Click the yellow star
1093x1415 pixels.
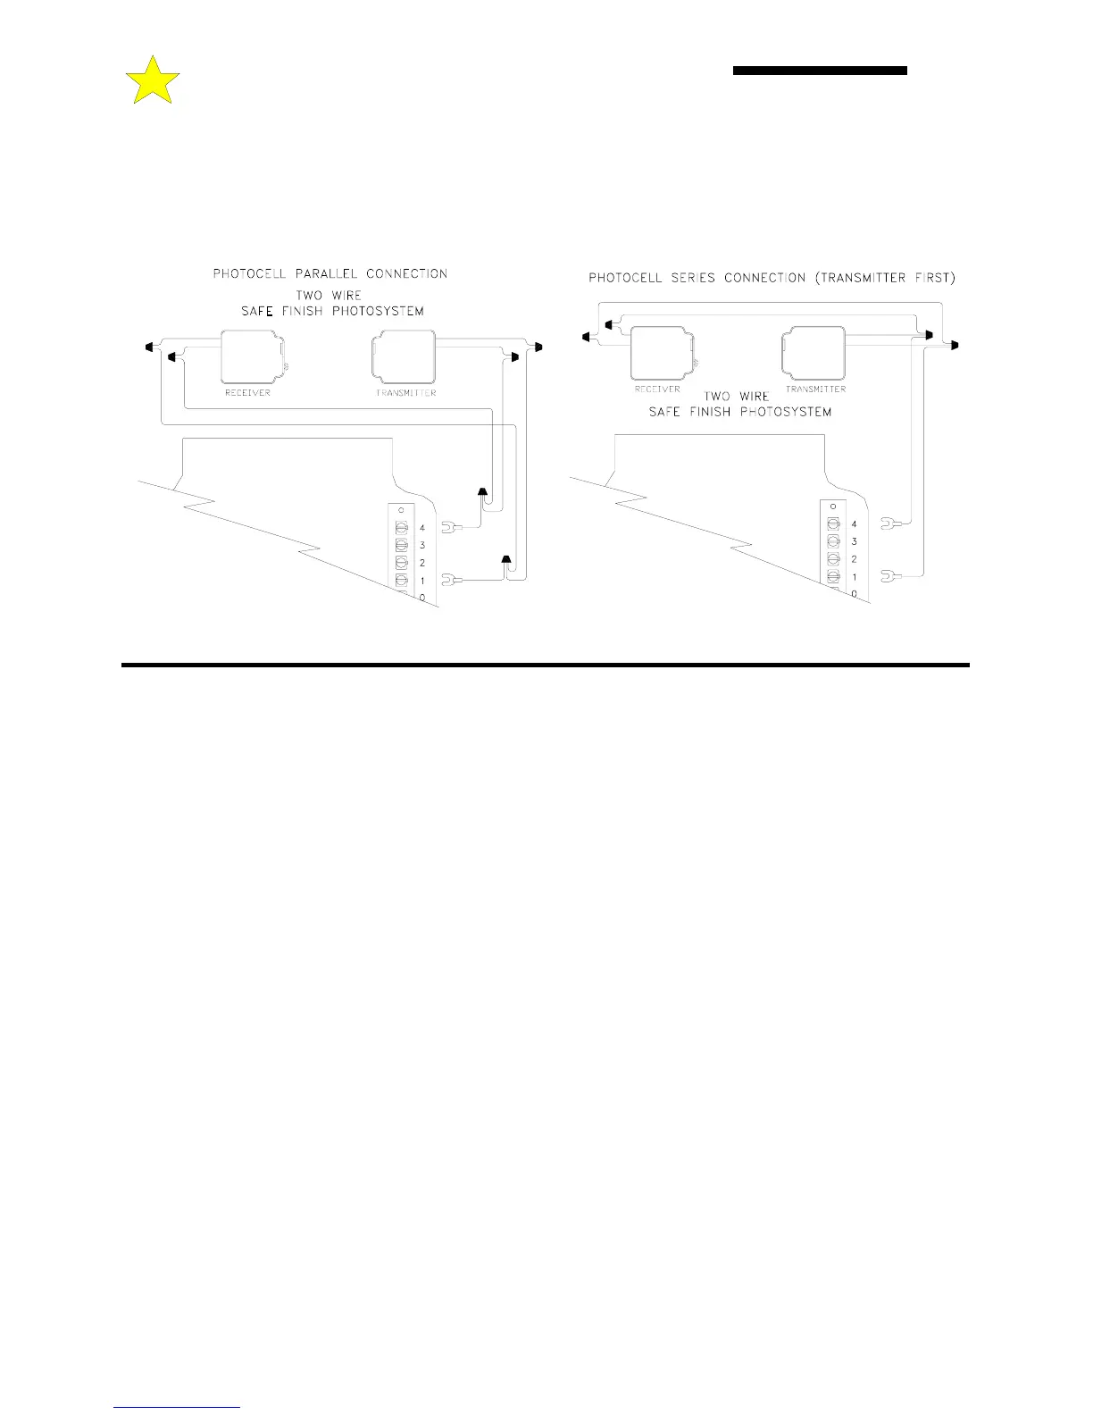tap(153, 81)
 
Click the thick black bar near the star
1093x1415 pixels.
tap(820, 71)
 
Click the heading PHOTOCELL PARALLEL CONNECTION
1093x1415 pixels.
tap(330, 273)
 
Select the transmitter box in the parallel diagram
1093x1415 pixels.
tap(403, 356)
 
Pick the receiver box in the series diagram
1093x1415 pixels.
tap(662, 354)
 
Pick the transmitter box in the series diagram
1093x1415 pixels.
tap(813, 353)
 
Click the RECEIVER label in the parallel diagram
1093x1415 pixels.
tap(247, 393)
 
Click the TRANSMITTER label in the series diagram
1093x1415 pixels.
tap(815, 389)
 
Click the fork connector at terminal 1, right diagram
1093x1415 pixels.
tap(888, 577)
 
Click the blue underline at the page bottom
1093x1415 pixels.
tap(177, 1408)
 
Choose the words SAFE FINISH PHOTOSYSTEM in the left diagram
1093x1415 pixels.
tap(332, 312)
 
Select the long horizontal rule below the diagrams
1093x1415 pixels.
tap(545, 665)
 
